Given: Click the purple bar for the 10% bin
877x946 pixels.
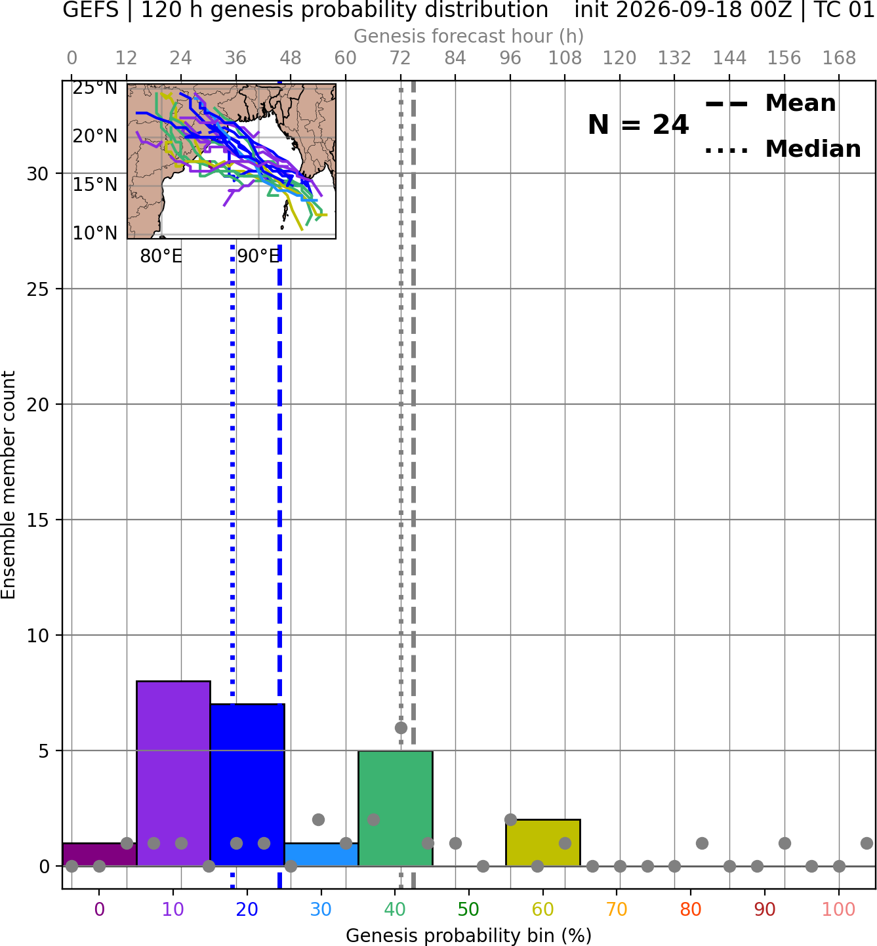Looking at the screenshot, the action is point(173,773).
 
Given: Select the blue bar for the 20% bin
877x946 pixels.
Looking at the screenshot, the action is point(247,785).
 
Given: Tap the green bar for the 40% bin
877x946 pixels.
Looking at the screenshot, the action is point(396,808).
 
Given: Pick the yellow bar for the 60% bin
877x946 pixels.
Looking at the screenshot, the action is point(543,842).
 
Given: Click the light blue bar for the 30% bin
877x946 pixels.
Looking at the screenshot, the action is point(321,855).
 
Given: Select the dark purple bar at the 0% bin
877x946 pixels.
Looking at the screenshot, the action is point(100,855).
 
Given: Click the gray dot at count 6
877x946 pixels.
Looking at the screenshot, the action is point(401,728).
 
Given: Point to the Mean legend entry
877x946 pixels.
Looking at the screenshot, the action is point(770,104).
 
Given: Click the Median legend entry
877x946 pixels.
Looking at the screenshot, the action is point(783,149).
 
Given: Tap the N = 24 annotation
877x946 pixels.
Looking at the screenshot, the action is point(638,125).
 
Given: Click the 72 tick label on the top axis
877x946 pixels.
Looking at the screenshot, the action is point(400,58).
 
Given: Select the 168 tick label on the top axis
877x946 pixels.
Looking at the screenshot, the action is point(840,58).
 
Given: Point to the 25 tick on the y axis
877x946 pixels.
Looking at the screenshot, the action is point(38,289).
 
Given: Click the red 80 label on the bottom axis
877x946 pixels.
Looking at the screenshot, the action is point(691,909).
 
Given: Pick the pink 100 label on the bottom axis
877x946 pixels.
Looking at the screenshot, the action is point(839,909).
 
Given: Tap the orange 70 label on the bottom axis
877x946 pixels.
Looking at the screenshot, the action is point(617,909).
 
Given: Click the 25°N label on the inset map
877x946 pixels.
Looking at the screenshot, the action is point(95,88).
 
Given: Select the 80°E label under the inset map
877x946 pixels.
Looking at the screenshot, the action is point(161,257).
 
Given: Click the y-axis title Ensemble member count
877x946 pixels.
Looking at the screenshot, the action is point(9,485).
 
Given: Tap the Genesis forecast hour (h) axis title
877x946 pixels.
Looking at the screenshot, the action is point(469,36).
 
